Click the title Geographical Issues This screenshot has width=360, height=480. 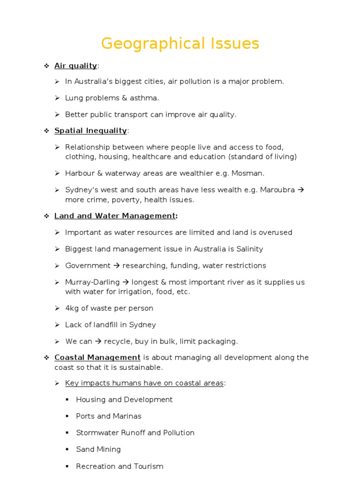(x=180, y=44)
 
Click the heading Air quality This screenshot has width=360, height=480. (x=75, y=66)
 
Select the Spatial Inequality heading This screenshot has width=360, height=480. (x=90, y=130)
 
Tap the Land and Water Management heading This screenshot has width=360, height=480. (x=115, y=216)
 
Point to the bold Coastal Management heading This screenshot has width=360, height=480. (x=97, y=358)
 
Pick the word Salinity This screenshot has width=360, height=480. (x=247, y=249)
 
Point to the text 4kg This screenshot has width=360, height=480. (x=73, y=308)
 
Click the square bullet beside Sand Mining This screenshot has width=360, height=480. (x=67, y=450)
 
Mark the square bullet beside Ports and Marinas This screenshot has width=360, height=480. (x=67, y=416)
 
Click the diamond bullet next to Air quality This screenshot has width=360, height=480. (x=46, y=66)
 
